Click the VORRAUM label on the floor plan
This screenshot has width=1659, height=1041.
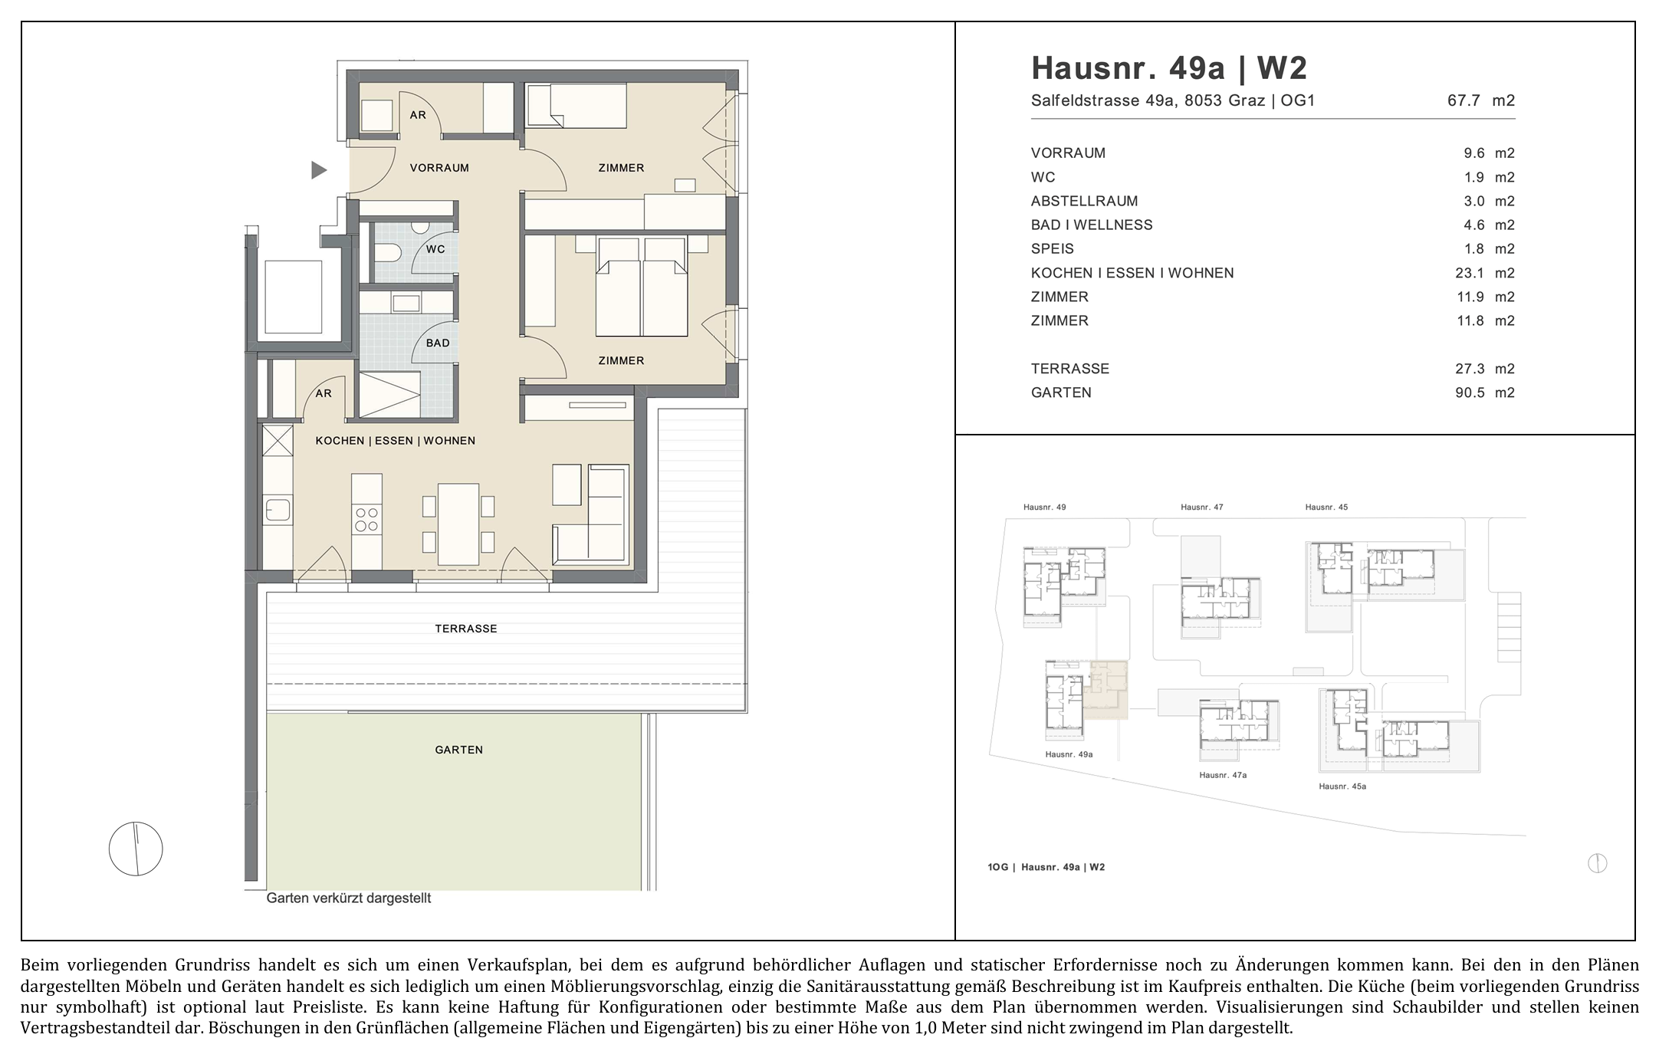(439, 168)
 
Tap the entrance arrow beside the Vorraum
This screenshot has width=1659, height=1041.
(319, 170)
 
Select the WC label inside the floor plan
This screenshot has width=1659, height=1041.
(435, 249)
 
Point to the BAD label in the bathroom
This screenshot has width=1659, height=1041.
(438, 343)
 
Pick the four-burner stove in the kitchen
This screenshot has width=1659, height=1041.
(366, 520)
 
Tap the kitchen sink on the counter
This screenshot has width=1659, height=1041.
(278, 510)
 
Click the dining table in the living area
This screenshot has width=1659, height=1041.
(458, 524)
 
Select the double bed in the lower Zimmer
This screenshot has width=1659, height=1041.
(642, 287)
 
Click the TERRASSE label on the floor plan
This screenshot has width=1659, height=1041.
(466, 629)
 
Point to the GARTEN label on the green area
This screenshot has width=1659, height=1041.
(459, 750)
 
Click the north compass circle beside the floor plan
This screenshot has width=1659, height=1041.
(136, 849)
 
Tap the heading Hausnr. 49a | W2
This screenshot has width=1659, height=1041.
(1169, 68)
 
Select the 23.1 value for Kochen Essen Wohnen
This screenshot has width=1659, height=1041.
(1470, 273)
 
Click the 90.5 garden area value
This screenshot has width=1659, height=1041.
(1470, 392)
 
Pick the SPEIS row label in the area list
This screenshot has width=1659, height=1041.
(1053, 249)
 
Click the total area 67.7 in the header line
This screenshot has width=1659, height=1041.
(1464, 100)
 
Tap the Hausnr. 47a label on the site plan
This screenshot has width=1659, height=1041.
(1223, 775)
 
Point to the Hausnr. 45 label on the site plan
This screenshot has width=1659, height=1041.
(1326, 507)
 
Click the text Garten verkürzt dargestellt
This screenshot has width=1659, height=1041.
(349, 898)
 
